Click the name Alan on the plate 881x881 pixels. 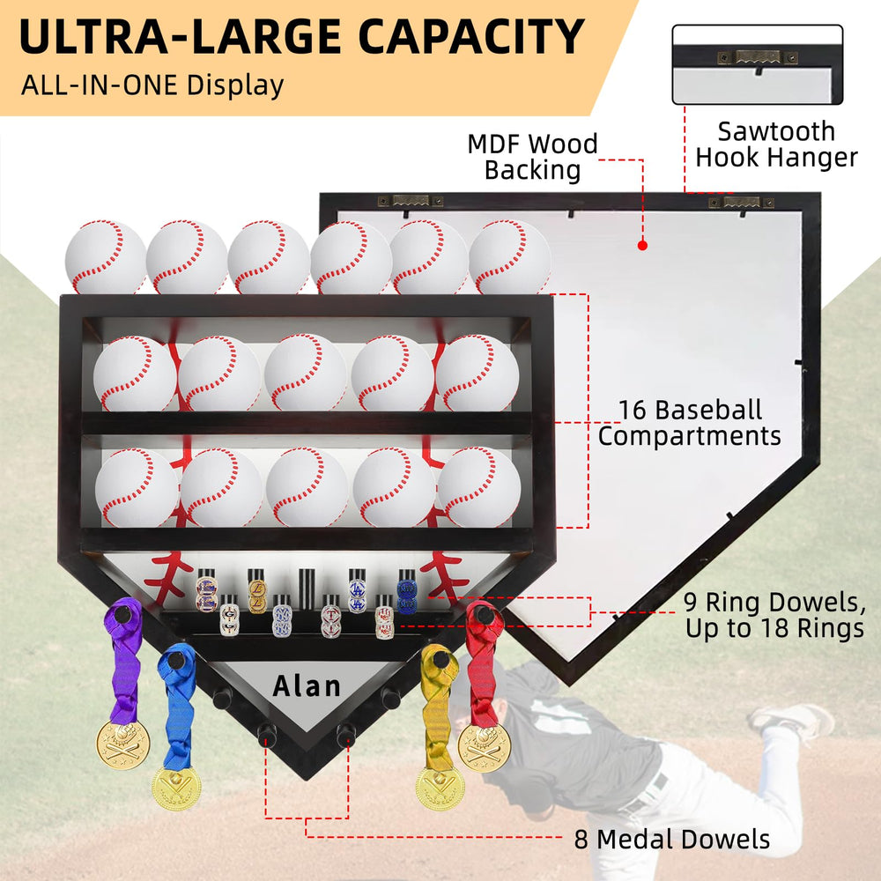click(x=307, y=686)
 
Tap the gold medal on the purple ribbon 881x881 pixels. click(x=123, y=745)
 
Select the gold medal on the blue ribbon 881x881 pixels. click(x=176, y=788)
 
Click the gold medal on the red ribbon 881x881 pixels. click(x=484, y=748)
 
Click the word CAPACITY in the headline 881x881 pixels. click(x=471, y=36)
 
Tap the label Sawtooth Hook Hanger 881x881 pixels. click(x=776, y=144)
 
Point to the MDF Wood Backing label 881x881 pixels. click(x=533, y=158)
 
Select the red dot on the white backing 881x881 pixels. click(x=643, y=245)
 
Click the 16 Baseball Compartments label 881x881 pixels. click(x=690, y=423)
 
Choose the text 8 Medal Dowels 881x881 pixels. click(x=672, y=840)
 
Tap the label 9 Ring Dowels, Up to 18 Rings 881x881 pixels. click(x=775, y=615)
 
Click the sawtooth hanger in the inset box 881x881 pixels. click(x=758, y=56)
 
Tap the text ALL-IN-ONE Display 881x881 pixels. click(x=152, y=85)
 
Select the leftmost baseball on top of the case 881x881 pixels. click(x=106, y=257)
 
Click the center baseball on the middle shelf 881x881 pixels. click(x=306, y=373)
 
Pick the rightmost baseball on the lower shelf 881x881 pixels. click(x=478, y=487)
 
